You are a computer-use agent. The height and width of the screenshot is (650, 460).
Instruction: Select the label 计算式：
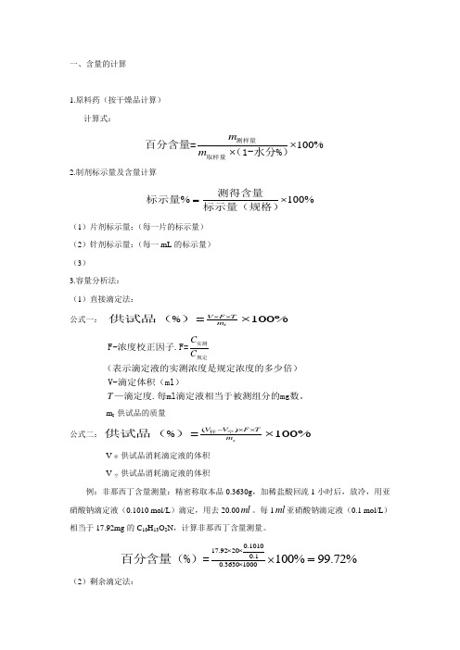pos(99,119)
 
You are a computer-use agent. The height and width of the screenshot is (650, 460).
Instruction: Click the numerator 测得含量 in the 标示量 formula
pos(245,193)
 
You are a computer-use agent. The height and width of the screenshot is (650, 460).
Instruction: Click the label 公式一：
pos(84,319)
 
